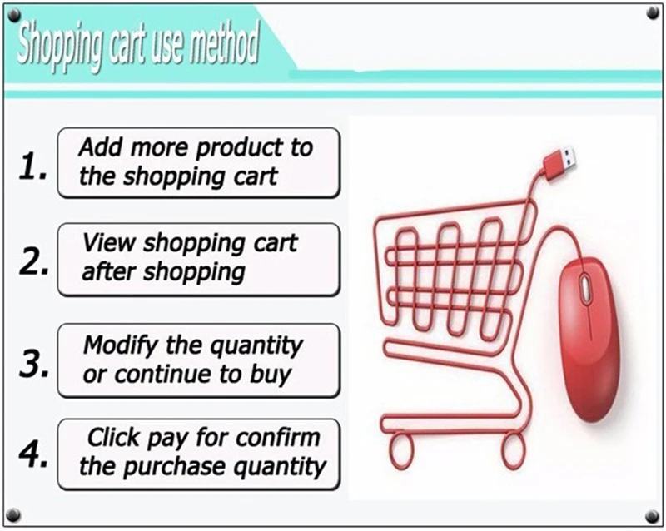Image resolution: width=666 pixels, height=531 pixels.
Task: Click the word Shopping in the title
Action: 60,45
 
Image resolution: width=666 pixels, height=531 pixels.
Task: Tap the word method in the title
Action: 224,42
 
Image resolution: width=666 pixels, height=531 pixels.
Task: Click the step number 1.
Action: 32,166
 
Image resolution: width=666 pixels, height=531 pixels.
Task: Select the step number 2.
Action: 33,261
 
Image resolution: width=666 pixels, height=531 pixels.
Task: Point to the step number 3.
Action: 33,363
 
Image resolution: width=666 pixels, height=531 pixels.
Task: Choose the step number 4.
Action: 33,454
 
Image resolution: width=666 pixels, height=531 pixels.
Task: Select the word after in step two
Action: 109,271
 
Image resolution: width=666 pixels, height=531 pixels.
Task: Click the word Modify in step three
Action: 121,345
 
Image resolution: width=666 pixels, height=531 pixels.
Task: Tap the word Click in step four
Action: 113,437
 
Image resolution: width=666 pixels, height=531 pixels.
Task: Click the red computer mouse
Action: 589,340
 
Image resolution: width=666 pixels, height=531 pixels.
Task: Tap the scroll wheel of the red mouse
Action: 586,288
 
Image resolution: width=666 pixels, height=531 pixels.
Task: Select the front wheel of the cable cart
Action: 401,450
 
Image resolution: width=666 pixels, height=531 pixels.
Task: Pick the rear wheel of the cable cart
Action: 513,451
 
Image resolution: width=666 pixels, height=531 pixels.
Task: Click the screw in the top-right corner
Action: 653,13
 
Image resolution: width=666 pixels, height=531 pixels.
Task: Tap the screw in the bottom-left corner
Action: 13,515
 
